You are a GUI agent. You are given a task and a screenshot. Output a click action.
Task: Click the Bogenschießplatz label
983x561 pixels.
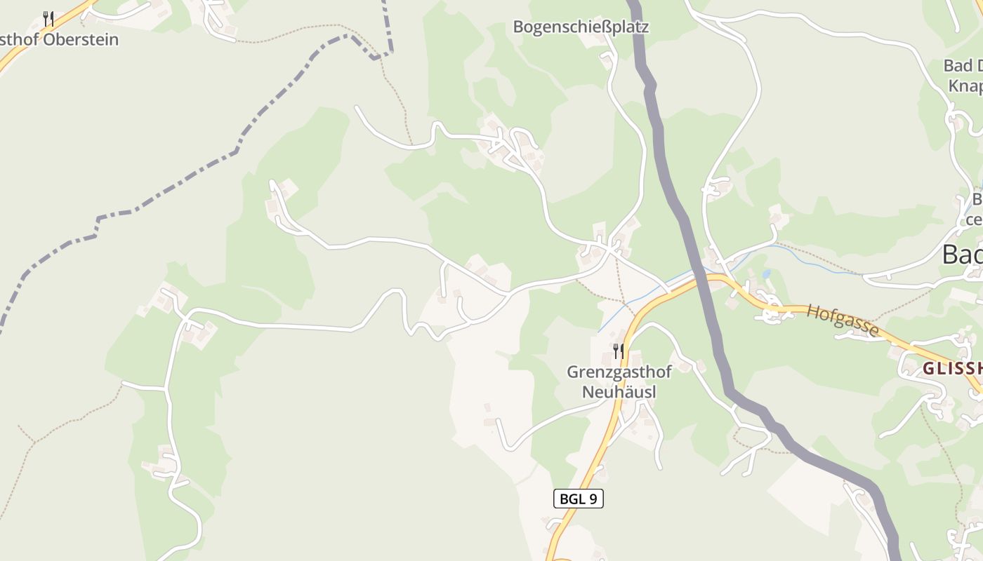[x=581, y=27]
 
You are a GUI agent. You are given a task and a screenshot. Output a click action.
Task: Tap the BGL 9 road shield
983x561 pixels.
[x=579, y=499]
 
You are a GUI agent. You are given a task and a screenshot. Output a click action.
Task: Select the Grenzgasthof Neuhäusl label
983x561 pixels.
[x=619, y=381]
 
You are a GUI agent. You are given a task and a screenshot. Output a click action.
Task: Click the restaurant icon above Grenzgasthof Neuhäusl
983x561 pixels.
[x=618, y=351]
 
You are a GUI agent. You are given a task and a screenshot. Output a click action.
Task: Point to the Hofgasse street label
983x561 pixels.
[x=842, y=320]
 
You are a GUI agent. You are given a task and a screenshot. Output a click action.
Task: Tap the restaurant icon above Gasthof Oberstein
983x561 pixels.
[x=48, y=18]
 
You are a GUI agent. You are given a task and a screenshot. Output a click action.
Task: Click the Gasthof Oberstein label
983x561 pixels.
[x=59, y=39]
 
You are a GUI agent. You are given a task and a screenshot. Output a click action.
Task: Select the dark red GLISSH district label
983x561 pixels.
[x=951, y=369]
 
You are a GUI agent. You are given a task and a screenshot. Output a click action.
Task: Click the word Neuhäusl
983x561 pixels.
[x=619, y=391]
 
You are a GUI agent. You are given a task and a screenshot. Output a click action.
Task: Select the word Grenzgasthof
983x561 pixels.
[x=619, y=372]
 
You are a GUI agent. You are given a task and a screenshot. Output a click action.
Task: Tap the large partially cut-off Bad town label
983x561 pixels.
[x=961, y=254]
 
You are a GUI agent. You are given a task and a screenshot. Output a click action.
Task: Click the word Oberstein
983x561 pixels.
[x=81, y=39]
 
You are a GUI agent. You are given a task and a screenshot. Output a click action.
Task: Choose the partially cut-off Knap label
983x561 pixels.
[x=965, y=86]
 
